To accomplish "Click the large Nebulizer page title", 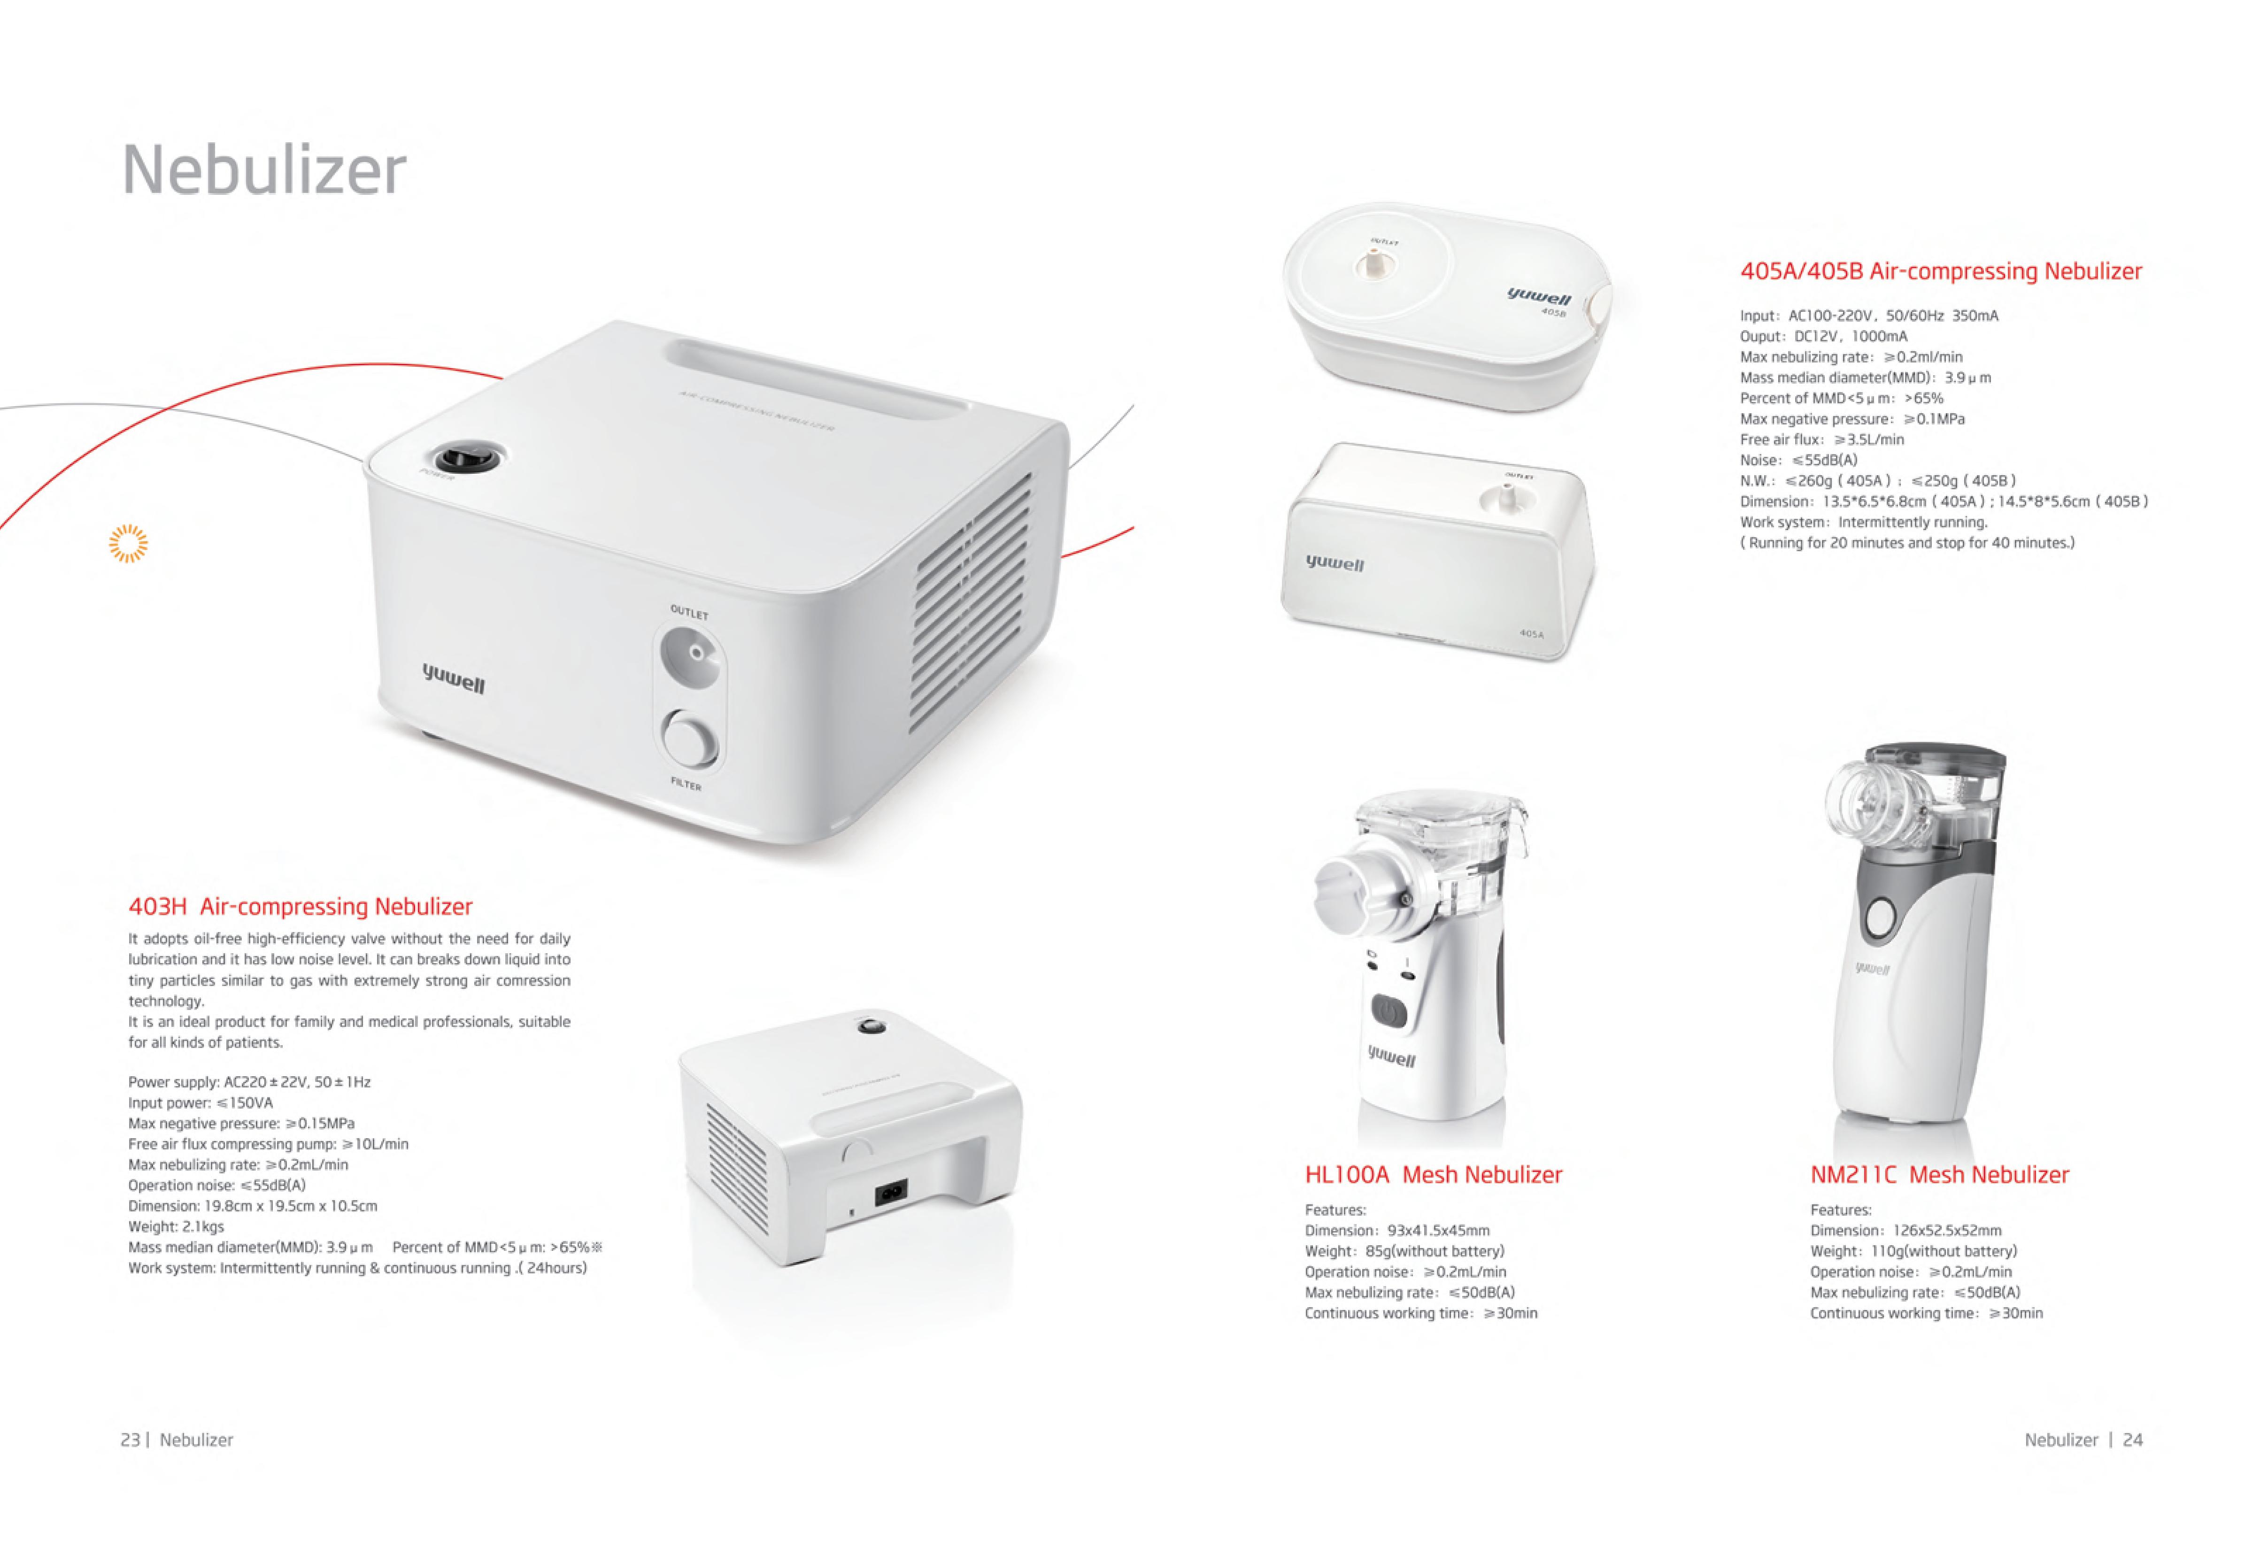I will point(263,170).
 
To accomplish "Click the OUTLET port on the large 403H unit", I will point(692,654).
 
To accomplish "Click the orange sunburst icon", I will point(128,544).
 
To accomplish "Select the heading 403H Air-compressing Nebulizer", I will point(301,907).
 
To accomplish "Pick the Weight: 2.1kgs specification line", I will point(177,1227).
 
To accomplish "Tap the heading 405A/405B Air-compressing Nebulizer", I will point(1940,271).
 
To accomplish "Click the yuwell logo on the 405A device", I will point(1335,563).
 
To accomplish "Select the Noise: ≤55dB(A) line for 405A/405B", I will point(1798,460).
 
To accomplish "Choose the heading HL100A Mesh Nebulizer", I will point(1433,1175).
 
